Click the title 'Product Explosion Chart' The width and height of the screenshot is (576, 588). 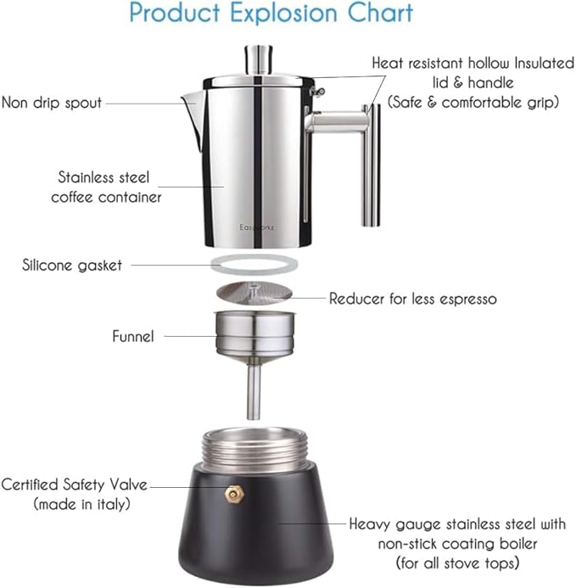pyautogui.click(x=271, y=14)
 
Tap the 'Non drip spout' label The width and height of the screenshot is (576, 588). pyautogui.click(x=52, y=103)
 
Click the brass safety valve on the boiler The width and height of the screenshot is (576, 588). pyautogui.click(x=232, y=494)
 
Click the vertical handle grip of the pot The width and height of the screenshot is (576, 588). pyautogui.click(x=371, y=165)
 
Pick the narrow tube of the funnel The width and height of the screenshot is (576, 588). pyautogui.click(x=253, y=389)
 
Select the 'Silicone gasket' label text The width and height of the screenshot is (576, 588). pyautogui.click(x=72, y=265)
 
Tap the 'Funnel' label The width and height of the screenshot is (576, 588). pyautogui.click(x=133, y=337)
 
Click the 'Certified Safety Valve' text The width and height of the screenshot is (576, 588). pyautogui.click(x=75, y=485)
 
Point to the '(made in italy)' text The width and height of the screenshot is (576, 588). pyautogui.click(x=81, y=504)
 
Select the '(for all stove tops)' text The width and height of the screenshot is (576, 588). pyautogui.click(x=456, y=563)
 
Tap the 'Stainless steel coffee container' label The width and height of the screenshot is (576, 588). pyautogui.click(x=106, y=188)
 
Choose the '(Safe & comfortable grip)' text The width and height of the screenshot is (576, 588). pyautogui.click(x=473, y=101)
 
